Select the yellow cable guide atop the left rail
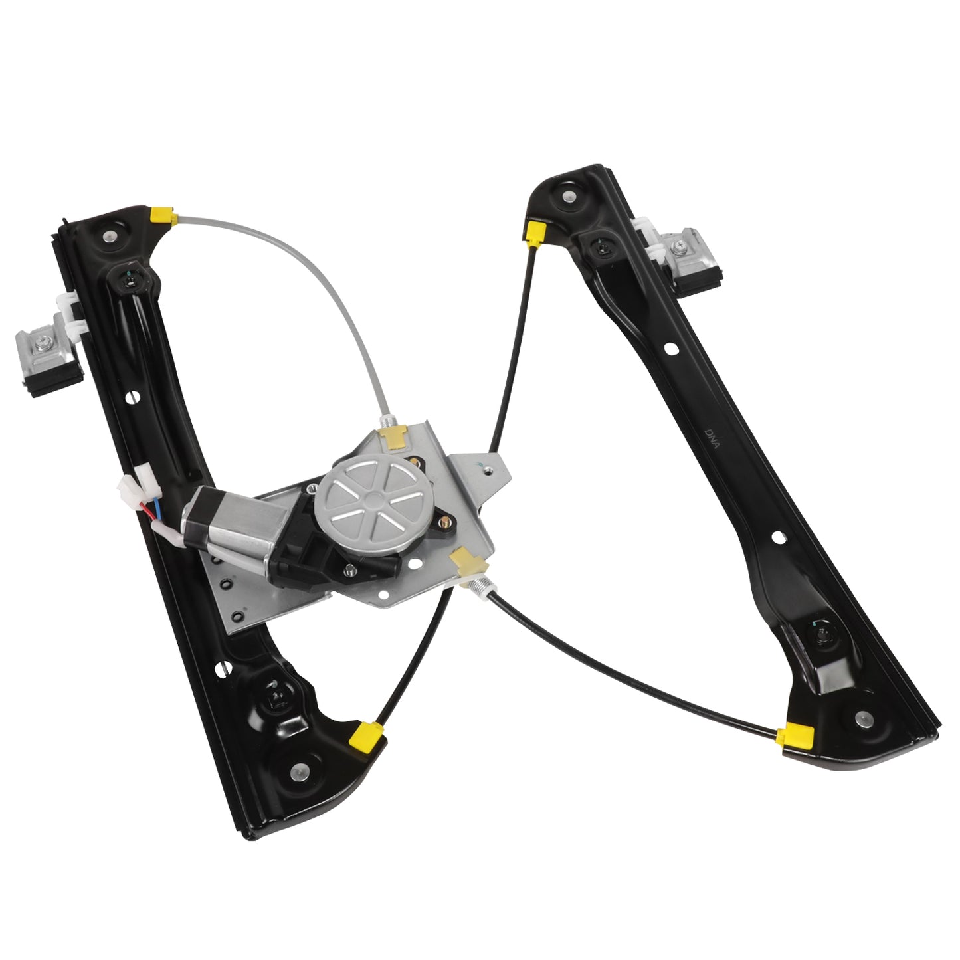pyautogui.click(x=162, y=215)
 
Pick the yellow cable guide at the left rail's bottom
pyautogui.click(x=367, y=733)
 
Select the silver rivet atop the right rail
pyautogui.click(x=567, y=196)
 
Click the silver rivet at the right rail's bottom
pyautogui.click(x=862, y=717)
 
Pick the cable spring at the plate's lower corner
pyautogui.click(x=482, y=589)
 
